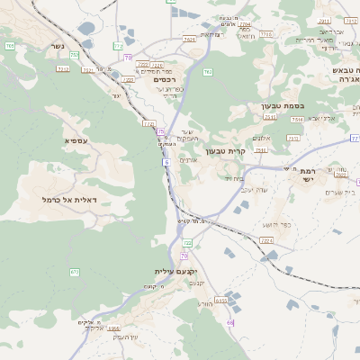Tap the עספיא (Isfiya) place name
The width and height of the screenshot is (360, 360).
click(76, 141)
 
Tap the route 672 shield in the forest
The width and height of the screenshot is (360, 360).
click(75, 272)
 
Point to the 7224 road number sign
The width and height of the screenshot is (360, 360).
click(266, 240)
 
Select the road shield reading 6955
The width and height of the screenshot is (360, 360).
click(221, 296)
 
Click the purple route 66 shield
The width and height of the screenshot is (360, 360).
click(230, 321)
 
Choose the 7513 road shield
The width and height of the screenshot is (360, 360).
click(295, 118)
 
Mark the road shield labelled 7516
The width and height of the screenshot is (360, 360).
click(293, 138)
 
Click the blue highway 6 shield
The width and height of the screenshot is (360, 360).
click(166, 163)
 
